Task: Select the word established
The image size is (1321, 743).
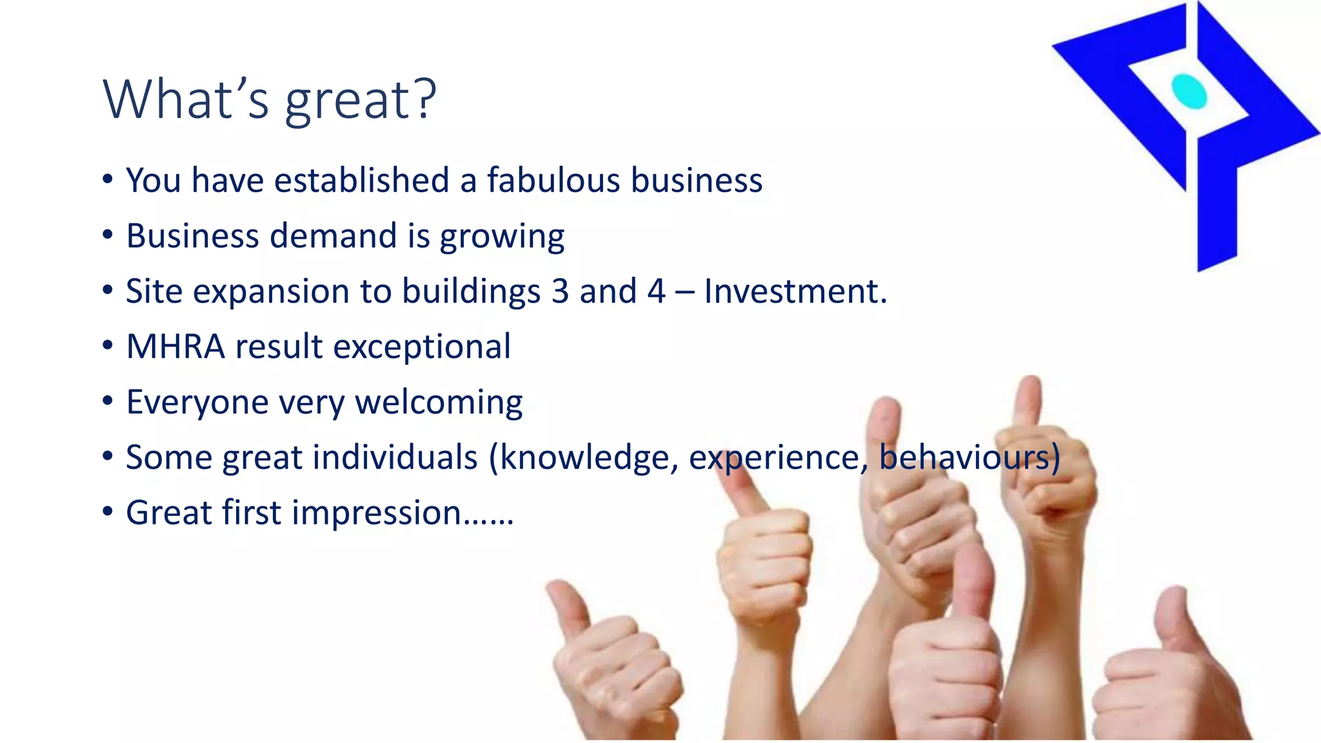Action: click(x=361, y=180)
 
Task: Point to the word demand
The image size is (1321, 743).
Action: click(x=333, y=235)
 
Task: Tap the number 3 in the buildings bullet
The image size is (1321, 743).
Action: click(x=560, y=292)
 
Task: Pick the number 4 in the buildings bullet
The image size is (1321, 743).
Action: click(x=656, y=292)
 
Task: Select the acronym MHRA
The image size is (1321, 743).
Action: click(x=175, y=347)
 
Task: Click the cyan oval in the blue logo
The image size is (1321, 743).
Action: click(x=1189, y=92)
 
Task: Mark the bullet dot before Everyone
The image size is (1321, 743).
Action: click(x=108, y=401)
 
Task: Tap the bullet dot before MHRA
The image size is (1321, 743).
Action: click(x=108, y=346)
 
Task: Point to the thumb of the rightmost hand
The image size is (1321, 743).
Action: click(x=1172, y=619)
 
